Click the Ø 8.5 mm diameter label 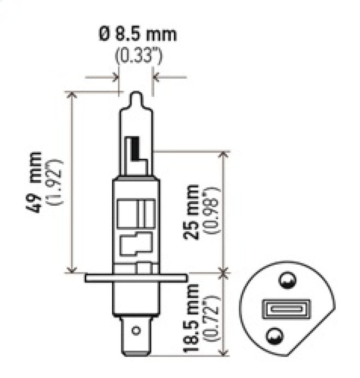pyautogui.click(x=137, y=35)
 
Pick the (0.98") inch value pyautogui.click(x=210, y=212)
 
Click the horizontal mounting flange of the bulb pyautogui.click(x=137, y=278)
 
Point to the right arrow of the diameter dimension pyautogui.click(x=157, y=78)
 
